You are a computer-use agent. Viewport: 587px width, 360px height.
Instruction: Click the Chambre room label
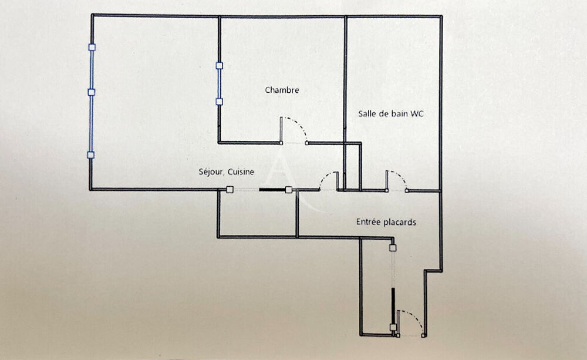point(282,90)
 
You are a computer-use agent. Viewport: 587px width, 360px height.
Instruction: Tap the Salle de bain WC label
point(390,113)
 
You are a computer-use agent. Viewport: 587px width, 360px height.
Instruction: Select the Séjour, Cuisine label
point(226,171)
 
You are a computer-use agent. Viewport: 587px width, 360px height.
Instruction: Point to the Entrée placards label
point(386,222)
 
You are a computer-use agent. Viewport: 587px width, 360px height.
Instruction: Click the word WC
point(417,113)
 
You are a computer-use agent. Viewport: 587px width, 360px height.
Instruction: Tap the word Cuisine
point(241,171)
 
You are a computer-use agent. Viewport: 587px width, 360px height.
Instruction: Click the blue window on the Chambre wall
point(219,83)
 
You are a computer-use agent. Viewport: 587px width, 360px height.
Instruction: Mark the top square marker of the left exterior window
point(92,47)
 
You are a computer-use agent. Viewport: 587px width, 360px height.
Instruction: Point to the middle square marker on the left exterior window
point(92,92)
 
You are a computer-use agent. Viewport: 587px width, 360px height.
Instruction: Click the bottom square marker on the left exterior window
point(90,154)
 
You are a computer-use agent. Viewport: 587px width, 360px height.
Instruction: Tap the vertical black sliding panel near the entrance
point(393,307)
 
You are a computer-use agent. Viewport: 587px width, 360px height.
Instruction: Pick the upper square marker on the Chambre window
point(220,66)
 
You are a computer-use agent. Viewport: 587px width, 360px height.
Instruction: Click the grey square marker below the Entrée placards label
point(393,248)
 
